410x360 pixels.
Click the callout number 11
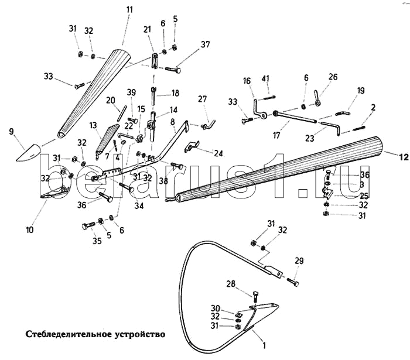tap(129, 10)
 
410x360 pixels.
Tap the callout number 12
tap(404, 157)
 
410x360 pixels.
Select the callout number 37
tap(206, 44)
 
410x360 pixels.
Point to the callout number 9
tap(11, 131)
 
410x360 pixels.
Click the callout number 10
tap(30, 230)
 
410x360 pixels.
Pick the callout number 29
tap(299, 260)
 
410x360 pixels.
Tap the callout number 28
tap(231, 284)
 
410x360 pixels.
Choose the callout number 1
tap(264, 345)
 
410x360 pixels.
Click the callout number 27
tap(203, 99)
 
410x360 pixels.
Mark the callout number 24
tap(218, 153)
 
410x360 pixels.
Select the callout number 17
tap(276, 135)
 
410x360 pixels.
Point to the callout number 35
tap(97, 241)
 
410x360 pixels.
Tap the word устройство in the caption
tap(139, 335)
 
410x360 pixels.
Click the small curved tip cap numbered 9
tap(29, 153)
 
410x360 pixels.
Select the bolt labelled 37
tap(173, 70)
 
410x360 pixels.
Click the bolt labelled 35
tap(89, 225)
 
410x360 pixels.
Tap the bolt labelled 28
tap(256, 297)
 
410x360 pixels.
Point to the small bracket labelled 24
tap(192, 146)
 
